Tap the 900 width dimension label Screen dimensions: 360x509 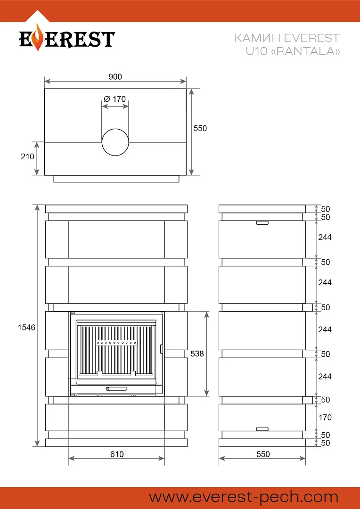pyautogui.click(x=115, y=77)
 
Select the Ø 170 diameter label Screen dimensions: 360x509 pyautogui.click(x=115, y=99)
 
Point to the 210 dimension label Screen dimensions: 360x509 pyautogui.click(x=28, y=156)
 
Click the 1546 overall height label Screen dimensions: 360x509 pyautogui.click(x=26, y=328)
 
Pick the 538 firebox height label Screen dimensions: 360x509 pyautogui.click(x=197, y=353)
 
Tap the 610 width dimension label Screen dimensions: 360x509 pyautogui.click(x=117, y=454)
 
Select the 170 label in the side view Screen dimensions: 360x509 pyautogui.click(x=325, y=417)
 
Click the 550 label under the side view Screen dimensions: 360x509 pyautogui.click(x=263, y=454)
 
